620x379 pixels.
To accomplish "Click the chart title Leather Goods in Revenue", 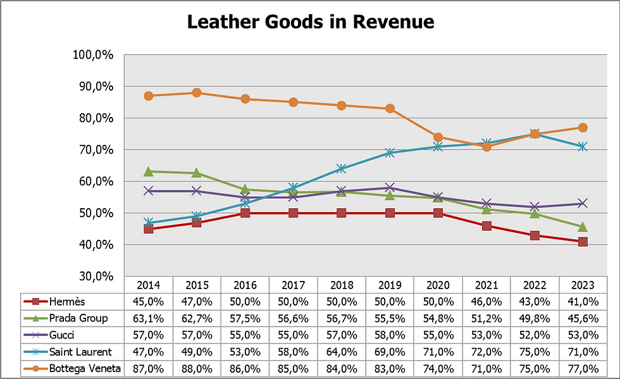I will point(310,22).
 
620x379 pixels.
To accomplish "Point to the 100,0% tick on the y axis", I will point(93,55).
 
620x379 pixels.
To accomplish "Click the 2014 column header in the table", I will point(148,285).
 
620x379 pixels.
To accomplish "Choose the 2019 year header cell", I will point(390,285).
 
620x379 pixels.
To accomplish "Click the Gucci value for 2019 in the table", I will point(390,335).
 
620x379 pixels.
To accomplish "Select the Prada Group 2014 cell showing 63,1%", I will point(148,318).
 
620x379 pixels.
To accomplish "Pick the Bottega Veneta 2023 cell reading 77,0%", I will point(583,368).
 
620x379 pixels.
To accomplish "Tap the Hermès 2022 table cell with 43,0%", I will point(535,301).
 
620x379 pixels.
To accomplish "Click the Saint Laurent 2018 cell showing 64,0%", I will point(342,351).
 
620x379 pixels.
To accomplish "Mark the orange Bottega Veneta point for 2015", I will point(197,93).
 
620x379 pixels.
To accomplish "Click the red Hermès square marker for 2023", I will point(583,242).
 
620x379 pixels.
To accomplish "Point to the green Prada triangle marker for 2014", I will point(149,171).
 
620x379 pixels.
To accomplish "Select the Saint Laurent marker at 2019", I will point(390,152).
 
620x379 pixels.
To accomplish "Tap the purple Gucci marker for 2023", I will point(583,204).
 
